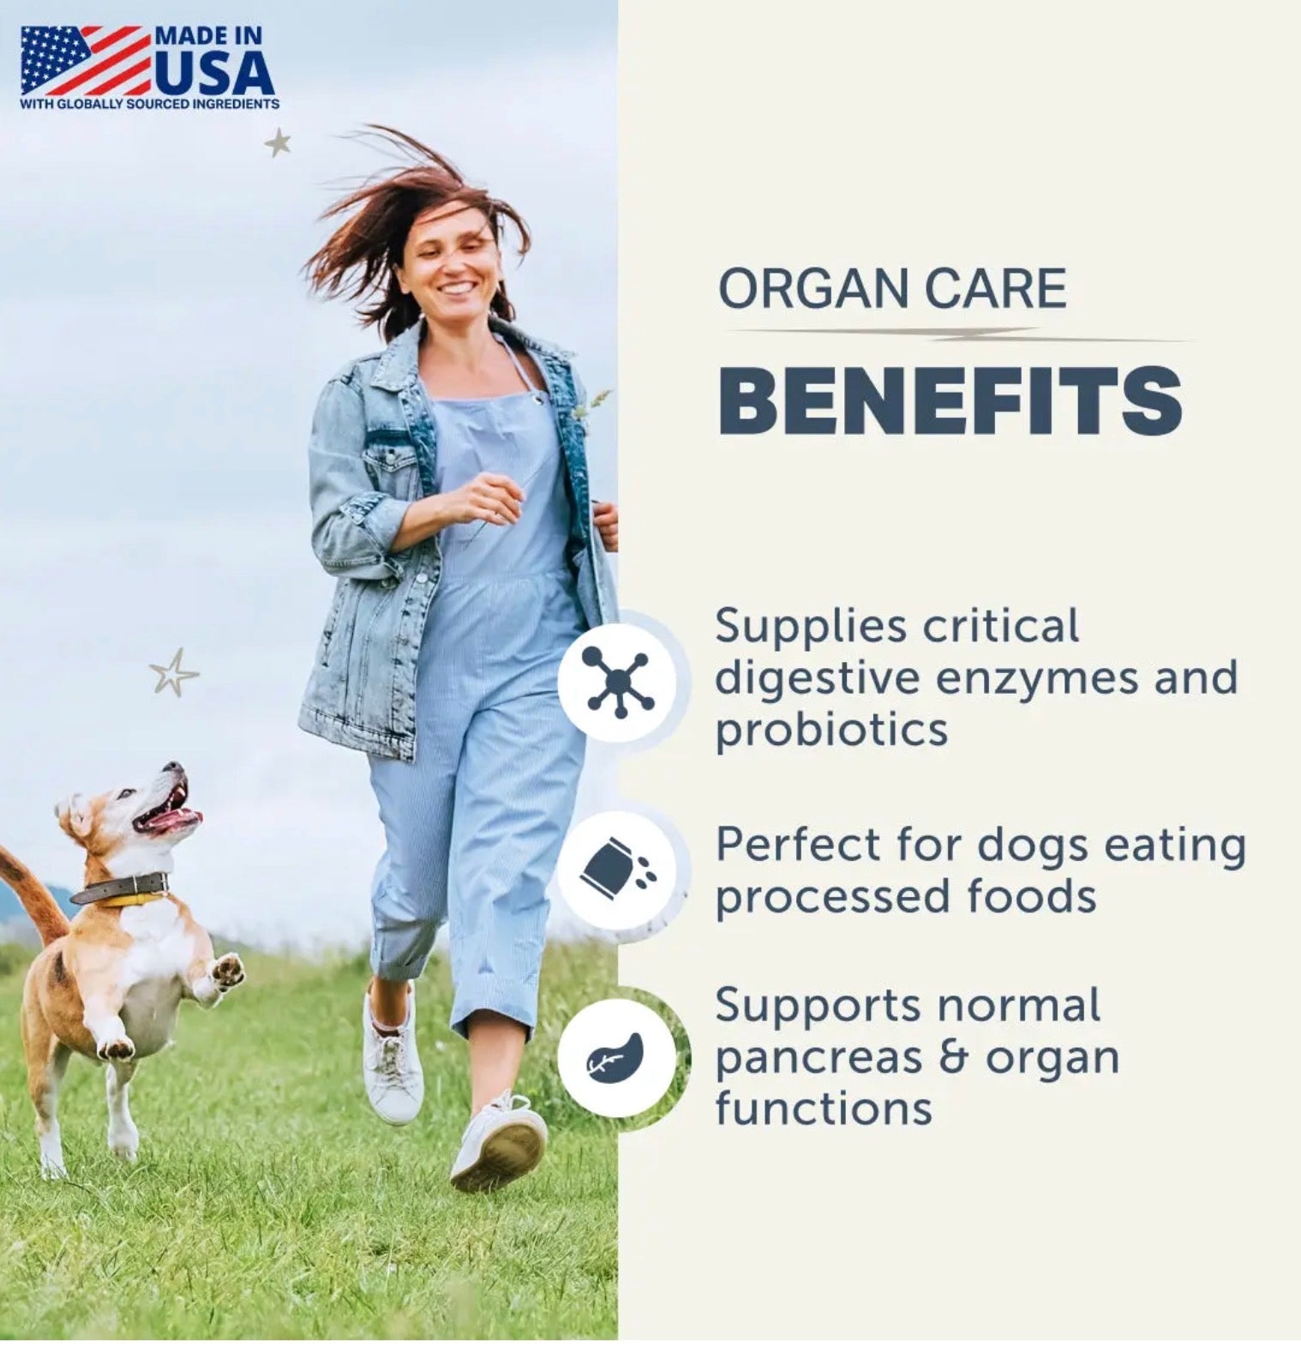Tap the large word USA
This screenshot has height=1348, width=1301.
coord(214,75)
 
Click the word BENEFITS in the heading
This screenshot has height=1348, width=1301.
coord(950,400)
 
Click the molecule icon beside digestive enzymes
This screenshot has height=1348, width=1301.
coord(618,682)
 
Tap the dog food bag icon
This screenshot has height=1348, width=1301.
coord(618,870)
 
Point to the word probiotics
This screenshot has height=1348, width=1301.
coord(831,730)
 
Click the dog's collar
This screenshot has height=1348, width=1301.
coord(120,888)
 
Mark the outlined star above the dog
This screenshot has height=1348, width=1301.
coord(174,672)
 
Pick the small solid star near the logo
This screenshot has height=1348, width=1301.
coord(278,141)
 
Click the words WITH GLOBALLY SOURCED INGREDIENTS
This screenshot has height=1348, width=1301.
coord(149,104)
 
